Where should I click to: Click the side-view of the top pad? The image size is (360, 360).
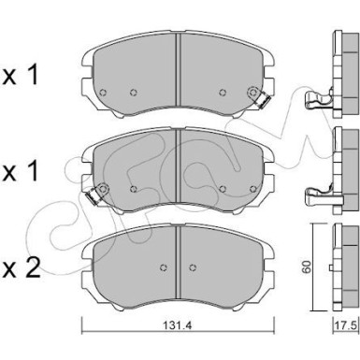tap(339, 70)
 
